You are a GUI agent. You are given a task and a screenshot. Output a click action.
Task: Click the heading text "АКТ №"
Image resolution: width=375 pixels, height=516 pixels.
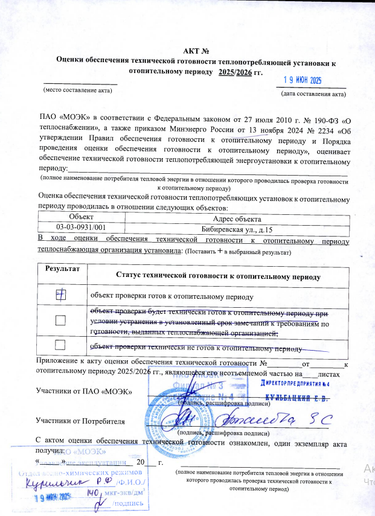[x=195, y=50]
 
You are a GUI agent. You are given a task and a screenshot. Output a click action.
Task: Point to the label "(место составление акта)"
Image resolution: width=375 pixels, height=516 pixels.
[x=76, y=89]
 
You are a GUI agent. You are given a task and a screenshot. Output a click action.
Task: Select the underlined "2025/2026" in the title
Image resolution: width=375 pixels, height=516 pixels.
[x=235, y=71]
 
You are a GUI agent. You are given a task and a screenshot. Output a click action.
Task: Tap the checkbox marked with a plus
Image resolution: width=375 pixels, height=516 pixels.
[x=60, y=295]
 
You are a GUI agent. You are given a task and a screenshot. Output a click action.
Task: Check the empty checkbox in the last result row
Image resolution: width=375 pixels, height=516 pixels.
[x=60, y=345]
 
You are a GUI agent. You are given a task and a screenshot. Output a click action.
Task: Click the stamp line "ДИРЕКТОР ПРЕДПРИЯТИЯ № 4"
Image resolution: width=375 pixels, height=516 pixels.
[x=295, y=384]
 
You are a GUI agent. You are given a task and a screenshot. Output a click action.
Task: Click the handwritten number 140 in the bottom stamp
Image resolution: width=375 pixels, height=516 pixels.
[x=92, y=493]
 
